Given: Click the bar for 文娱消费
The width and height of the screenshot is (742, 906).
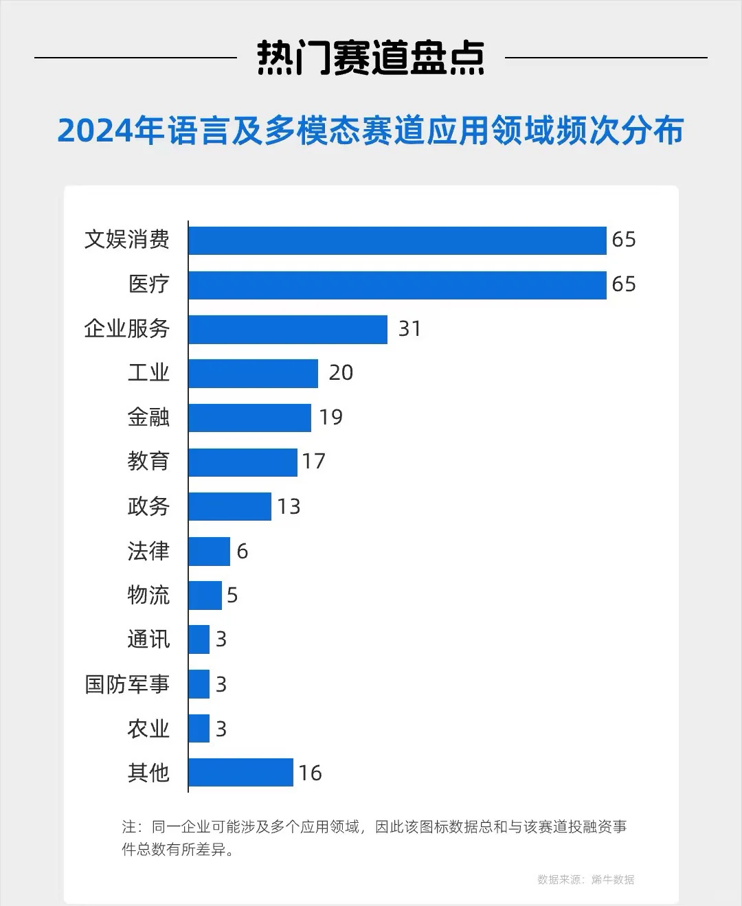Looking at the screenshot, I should [x=397, y=240].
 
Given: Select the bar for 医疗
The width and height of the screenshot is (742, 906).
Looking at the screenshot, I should [x=397, y=285].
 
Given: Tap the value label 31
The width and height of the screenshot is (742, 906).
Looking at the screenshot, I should [x=409, y=329].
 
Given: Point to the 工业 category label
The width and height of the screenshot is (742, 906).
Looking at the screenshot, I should [x=148, y=373].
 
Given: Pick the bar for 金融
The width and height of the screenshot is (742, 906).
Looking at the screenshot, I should [x=249, y=418].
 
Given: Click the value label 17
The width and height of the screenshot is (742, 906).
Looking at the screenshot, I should [x=313, y=462].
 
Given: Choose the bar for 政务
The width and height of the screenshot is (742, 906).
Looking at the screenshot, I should [x=229, y=506].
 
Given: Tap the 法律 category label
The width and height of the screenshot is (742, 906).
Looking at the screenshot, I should [x=148, y=551].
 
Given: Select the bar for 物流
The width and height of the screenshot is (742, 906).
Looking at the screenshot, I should [x=205, y=596].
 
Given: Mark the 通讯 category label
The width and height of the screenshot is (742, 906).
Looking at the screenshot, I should [x=148, y=639].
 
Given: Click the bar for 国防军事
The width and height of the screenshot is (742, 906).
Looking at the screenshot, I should [x=199, y=684].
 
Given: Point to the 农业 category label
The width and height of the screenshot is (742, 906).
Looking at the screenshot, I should [x=148, y=729].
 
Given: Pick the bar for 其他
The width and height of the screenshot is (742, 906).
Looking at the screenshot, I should [x=240, y=773].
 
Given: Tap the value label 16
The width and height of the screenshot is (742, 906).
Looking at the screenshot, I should [x=310, y=773].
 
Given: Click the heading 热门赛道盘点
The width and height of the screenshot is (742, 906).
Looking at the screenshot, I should [x=371, y=58].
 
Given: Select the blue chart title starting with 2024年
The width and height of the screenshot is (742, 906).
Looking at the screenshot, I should [x=371, y=131].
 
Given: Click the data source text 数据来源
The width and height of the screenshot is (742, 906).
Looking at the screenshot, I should [x=585, y=880].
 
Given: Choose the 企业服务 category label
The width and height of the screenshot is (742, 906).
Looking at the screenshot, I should [x=127, y=329].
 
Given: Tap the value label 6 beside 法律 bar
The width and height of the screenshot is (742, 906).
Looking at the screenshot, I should [x=242, y=552].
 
